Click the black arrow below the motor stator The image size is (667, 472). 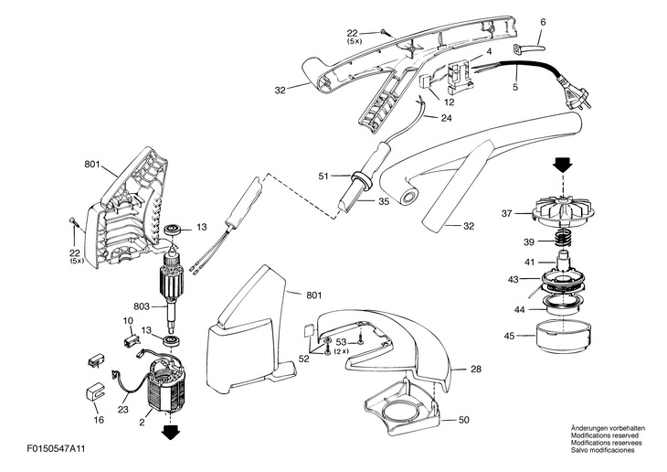point(168,430)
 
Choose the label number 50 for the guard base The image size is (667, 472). point(463,420)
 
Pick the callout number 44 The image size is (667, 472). point(519,309)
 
